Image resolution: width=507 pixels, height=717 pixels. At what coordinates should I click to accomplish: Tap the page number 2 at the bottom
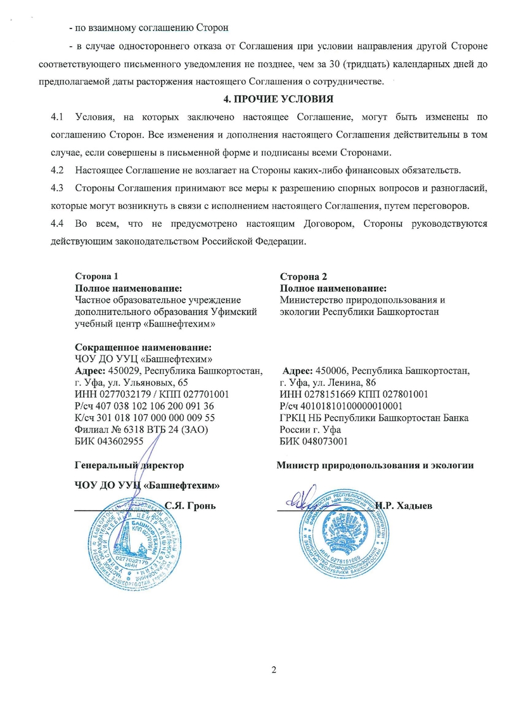[x=274, y=670]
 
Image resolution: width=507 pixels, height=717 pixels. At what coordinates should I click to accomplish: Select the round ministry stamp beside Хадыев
[x=345, y=532]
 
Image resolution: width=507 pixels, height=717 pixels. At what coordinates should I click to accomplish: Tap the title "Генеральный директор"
[x=129, y=466]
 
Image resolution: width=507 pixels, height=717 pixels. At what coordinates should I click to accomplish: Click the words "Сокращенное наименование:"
[x=143, y=348]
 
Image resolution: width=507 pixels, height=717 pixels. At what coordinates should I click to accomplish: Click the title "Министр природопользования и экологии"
[x=375, y=466]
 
